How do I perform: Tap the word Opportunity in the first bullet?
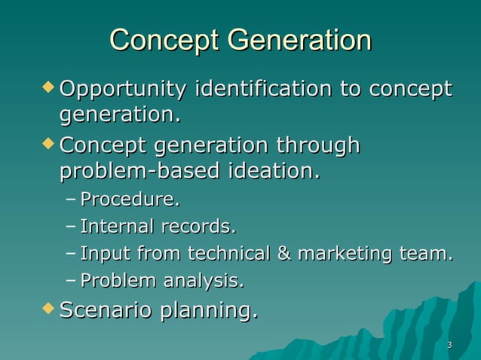123,90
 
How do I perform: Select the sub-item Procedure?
130,200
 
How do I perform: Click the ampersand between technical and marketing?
284,254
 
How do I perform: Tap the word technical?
228,254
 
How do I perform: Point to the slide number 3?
449,346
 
